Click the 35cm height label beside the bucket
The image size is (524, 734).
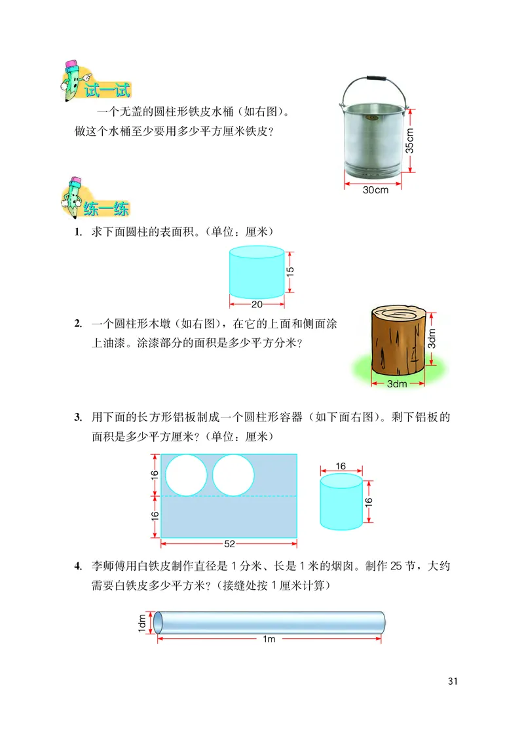pyautogui.click(x=409, y=140)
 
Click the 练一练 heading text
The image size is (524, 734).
pyautogui.click(x=106, y=209)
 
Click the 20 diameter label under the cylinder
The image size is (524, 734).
pyautogui.click(x=257, y=304)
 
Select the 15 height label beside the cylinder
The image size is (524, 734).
pyautogui.click(x=291, y=270)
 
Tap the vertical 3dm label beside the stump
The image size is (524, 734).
pyautogui.click(x=432, y=343)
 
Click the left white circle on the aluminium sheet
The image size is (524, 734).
pyautogui.click(x=186, y=474)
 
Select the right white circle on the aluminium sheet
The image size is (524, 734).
pyautogui.click(x=233, y=474)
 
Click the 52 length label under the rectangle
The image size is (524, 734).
pyautogui.click(x=229, y=543)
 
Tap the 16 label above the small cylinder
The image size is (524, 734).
pyautogui.click(x=341, y=467)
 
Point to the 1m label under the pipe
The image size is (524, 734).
pyautogui.click(x=269, y=640)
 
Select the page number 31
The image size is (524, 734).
pyautogui.click(x=452, y=681)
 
